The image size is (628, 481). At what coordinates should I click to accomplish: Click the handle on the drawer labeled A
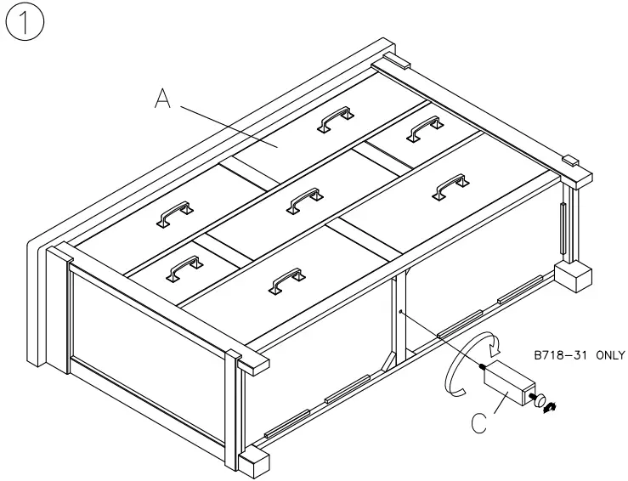(x=334, y=120)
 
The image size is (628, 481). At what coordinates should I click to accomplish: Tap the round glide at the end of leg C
(x=539, y=399)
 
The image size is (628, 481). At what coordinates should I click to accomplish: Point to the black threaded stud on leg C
(x=482, y=367)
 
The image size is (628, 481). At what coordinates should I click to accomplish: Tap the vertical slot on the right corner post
(x=563, y=224)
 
